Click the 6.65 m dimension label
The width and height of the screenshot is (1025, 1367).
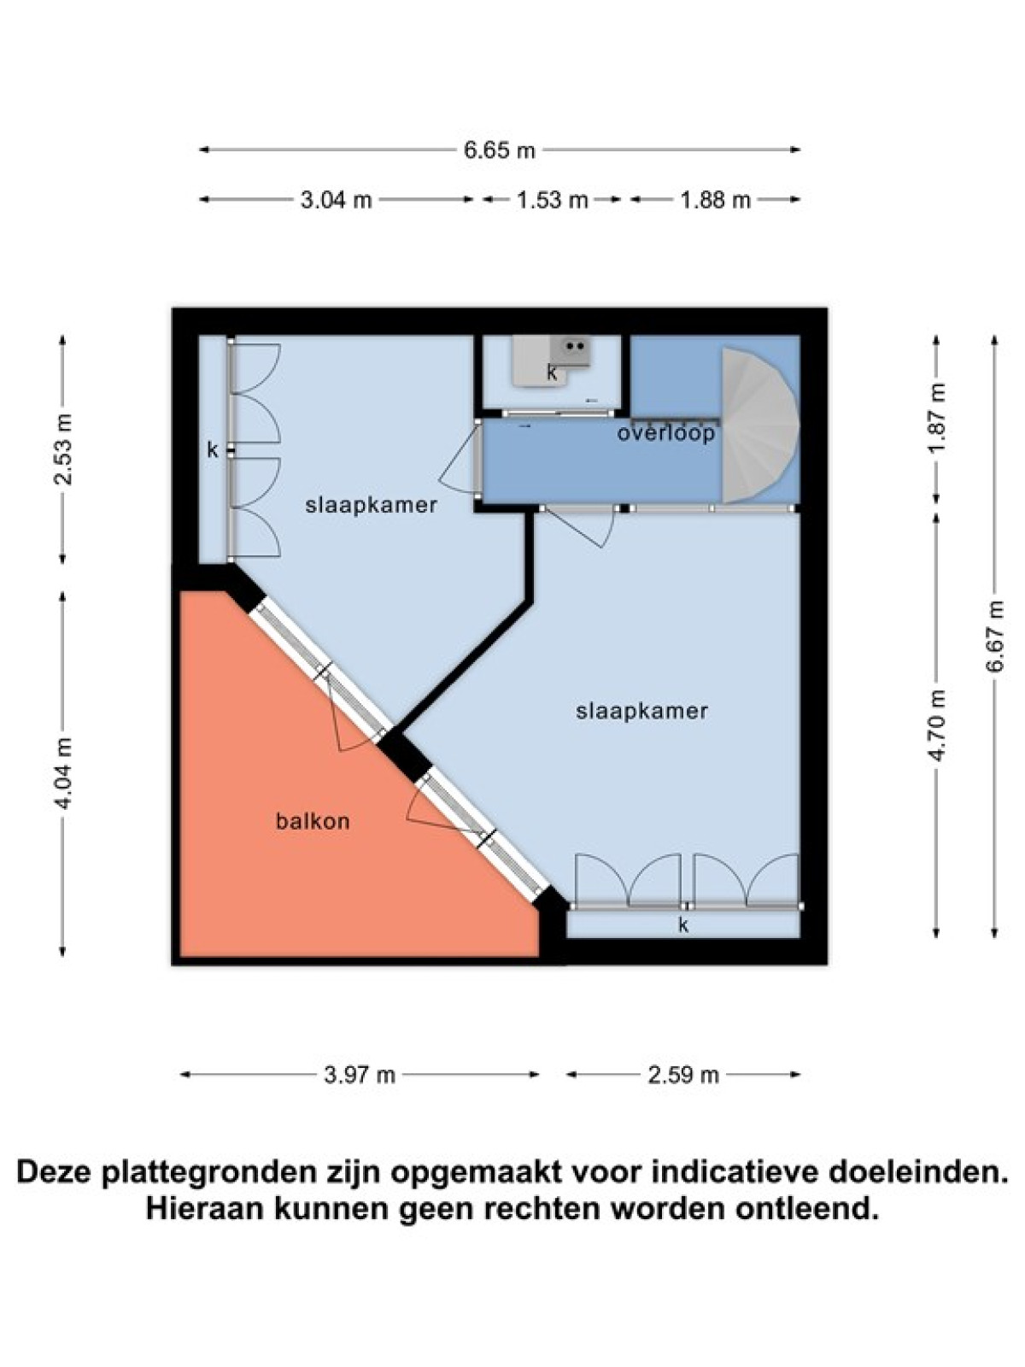[x=499, y=150]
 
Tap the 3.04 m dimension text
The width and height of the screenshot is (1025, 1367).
[x=336, y=201]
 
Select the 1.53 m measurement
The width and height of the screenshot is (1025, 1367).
[x=553, y=201]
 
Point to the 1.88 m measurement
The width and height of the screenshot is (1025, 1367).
[x=715, y=201]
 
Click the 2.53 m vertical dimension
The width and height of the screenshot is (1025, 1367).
[x=63, y=449]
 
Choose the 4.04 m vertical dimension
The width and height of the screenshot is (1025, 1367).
[x=63, y=773]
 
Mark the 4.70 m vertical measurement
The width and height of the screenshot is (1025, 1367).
[x=938, y=725]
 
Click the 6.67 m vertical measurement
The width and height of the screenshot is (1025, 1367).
[x=996, y=636]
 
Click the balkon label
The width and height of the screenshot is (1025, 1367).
[x=313, y=821]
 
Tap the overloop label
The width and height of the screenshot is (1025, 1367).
[x=666, y=433]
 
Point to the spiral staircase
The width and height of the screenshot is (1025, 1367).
[x=760, y=425]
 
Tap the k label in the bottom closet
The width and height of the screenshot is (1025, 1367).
[x=683, y=925]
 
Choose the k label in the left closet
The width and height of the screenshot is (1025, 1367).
[x=213, y=449]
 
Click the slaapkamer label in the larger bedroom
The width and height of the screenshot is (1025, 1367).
[x=641, y=711]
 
